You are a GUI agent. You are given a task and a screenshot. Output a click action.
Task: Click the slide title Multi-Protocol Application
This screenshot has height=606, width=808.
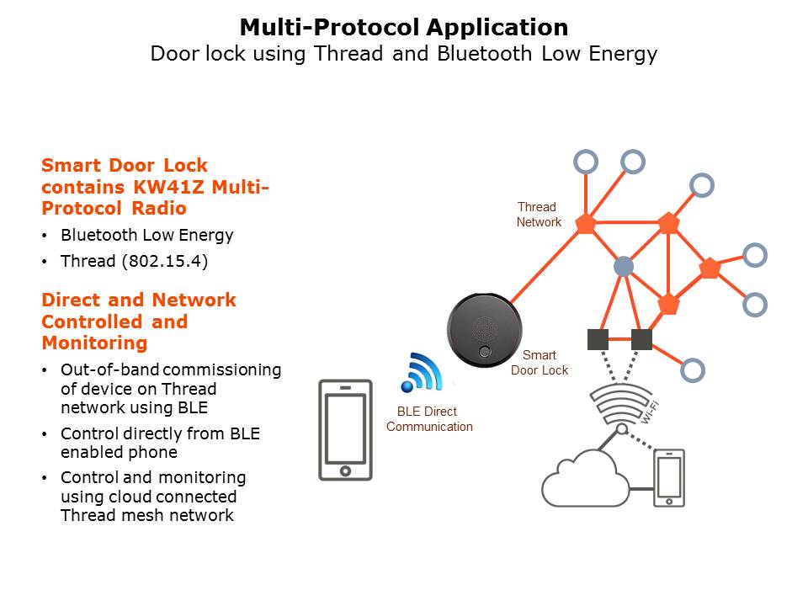(404, 28)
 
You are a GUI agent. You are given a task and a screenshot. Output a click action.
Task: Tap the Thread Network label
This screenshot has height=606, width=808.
(539, 215)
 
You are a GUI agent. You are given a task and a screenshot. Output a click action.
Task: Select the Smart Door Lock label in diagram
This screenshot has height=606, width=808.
(540, 363)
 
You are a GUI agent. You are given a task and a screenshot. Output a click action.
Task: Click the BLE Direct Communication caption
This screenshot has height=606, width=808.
(429, 419)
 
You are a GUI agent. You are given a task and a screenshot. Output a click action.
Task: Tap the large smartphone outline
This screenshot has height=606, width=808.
(345, 430)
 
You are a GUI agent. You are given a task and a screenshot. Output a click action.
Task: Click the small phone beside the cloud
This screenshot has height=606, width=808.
(670, 478)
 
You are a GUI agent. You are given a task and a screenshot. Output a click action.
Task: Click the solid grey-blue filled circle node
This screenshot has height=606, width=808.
(623, 267)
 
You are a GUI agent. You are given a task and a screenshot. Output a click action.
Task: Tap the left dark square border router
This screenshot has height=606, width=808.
(598, 339)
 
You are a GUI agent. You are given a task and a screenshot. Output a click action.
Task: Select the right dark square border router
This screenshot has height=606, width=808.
(641, 339)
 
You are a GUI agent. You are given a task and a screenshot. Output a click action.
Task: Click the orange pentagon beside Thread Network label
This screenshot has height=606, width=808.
(585, 223)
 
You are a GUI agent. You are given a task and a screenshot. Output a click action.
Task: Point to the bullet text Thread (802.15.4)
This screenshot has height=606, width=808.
(134, 261)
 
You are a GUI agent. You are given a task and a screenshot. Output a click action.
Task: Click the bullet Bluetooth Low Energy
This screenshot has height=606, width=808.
(146, 235)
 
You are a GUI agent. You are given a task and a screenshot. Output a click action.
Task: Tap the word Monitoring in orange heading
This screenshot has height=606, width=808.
(94, 343)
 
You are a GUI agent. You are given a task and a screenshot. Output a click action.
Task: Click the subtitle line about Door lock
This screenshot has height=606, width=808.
(404, 54)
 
